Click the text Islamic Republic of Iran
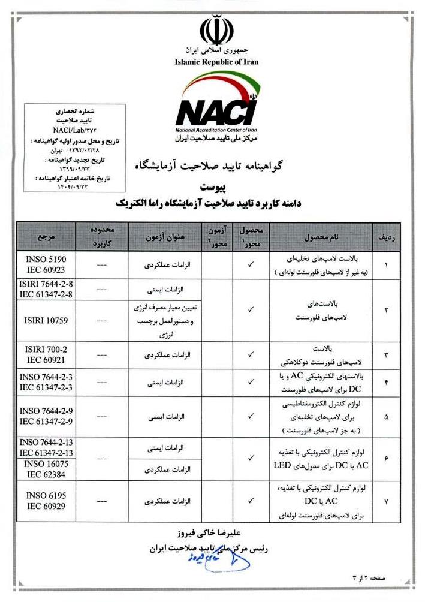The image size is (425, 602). tap(216, 61)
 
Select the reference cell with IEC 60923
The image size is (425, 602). tap(46, 264)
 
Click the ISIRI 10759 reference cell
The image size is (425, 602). tap(46, 320)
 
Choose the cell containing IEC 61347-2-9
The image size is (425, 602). tap(46, 416)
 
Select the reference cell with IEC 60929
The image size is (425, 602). tap(46, 500)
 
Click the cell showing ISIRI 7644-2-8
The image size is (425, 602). tap(46, 288)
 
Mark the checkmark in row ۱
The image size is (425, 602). tap(251, 264)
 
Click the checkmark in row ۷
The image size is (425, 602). tap(251, 500)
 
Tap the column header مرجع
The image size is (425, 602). tap(46, 237)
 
